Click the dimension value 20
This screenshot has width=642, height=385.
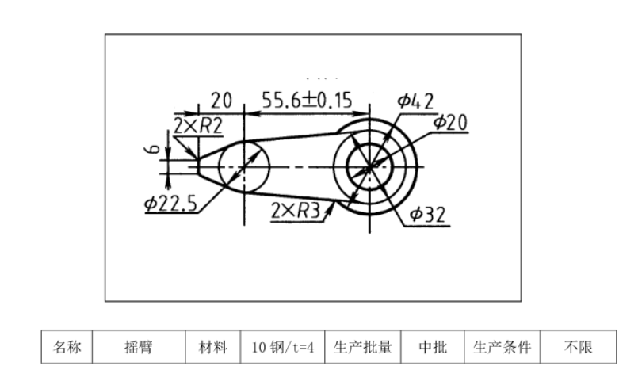click(220, 101)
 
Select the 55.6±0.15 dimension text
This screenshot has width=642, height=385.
click(307, 101)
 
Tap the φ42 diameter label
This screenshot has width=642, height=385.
click(415, 101)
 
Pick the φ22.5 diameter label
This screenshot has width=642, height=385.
click(170, 203)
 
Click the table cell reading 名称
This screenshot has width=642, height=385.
click(67, 347)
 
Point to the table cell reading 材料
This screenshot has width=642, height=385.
click(212, 347)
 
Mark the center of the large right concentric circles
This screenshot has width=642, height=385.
click(369, 166)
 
